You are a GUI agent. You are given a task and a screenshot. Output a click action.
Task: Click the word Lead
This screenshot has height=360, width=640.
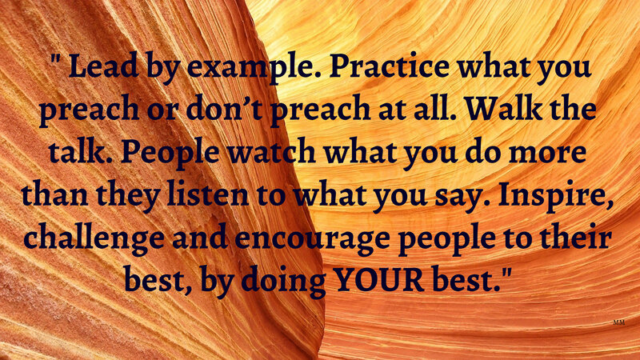click(103, 66)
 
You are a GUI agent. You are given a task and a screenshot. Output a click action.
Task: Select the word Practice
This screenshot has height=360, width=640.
click(390, 66)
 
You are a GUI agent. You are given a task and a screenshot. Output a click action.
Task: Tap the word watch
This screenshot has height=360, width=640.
click(271, 151)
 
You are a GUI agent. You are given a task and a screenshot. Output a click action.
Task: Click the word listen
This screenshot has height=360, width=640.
click(208, 194)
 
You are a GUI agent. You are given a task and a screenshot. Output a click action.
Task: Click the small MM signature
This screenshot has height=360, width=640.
click(618, 322)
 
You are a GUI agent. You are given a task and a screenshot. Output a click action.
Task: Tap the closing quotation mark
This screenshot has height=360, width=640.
click(506, 273)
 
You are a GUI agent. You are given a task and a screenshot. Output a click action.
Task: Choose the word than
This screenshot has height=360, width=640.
click(54, 194)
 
